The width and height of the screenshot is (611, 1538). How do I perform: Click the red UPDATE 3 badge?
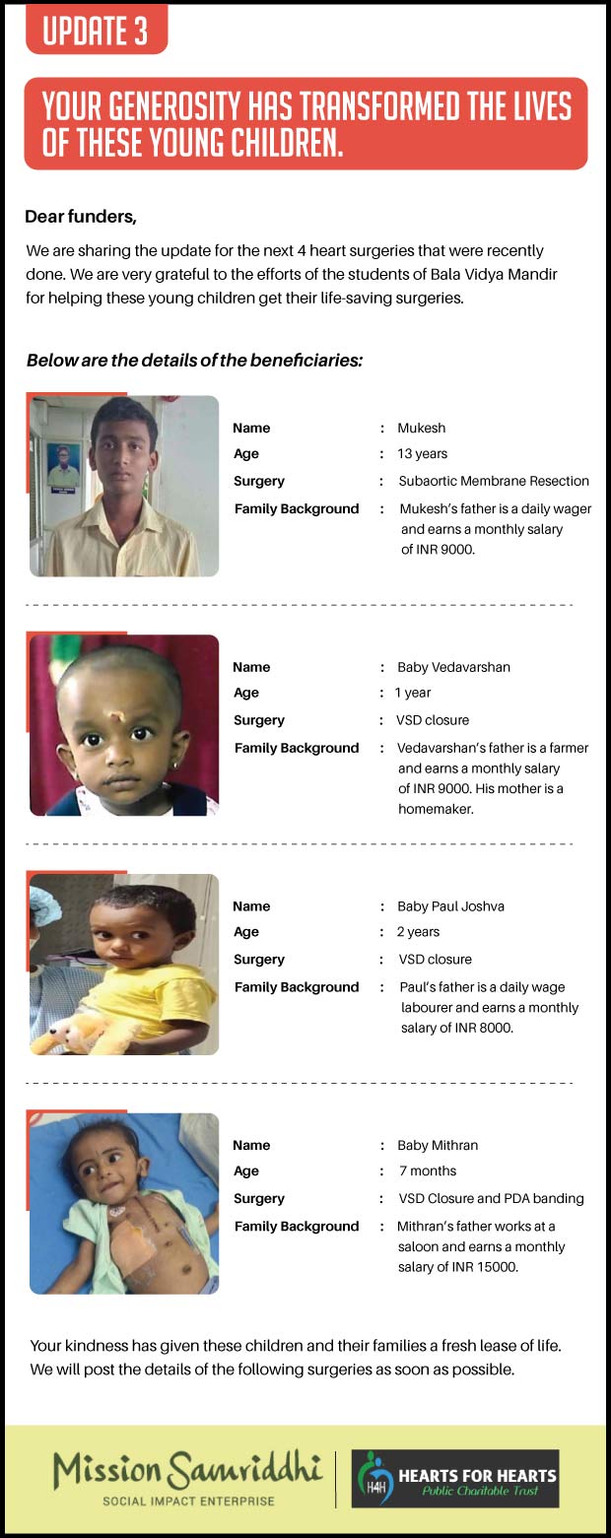pos(96,30)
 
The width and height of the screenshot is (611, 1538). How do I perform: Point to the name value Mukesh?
pos(421,428)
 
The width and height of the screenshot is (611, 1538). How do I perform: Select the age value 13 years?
pos(423,454)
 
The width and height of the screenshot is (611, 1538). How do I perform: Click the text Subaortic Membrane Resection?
pos(494,482)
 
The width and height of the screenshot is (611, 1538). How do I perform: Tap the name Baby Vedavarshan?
pos(453,667)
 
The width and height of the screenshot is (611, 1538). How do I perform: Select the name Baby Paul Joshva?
pos(450,906)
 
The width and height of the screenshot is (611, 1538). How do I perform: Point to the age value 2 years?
pos(419,932)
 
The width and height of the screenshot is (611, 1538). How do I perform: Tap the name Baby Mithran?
pos(437,1145)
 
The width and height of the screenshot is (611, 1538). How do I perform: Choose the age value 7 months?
pos(428,1171)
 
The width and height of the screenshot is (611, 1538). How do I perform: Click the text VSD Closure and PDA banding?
pos(491,1199)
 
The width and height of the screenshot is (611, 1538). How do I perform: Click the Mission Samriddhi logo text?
pos(187,1472)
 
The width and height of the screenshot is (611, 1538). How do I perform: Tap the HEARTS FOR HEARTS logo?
pos(455,1478)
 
